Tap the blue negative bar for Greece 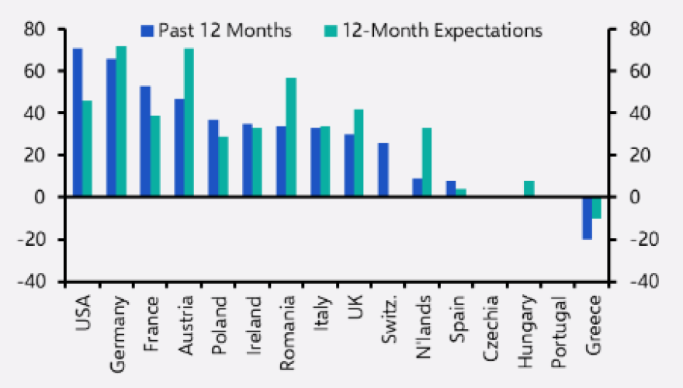click(x=587, y=218)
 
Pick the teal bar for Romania click(x=291, y=137)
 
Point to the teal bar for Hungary click(x=529, y=189)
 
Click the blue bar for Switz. click(x=383, y=170)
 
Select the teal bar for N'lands click(x=427, y=162)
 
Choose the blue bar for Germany click(x=112, y=128)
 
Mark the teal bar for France click(x=155, y=156)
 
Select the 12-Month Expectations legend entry click(x=432, y=31)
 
